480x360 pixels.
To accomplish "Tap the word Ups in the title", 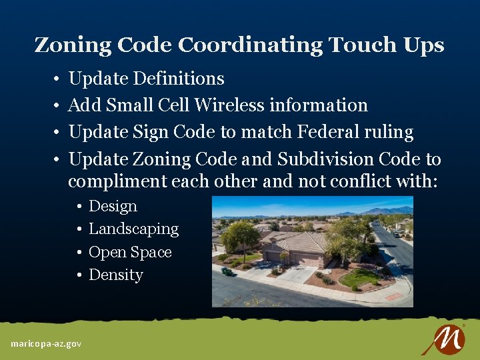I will click(423, 45).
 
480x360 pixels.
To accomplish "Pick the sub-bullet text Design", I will click(113, 206).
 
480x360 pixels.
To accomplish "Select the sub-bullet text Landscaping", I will click(133, 229).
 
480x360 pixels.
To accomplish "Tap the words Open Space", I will click(130, 252).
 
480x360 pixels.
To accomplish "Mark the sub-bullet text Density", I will click(116, 275).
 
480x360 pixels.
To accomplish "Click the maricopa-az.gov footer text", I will click(46, 343).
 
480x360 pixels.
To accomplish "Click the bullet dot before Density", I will click(79, 275).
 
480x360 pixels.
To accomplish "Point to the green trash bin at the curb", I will click(228, 271).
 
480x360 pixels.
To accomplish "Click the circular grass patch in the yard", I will click(359, 277).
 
